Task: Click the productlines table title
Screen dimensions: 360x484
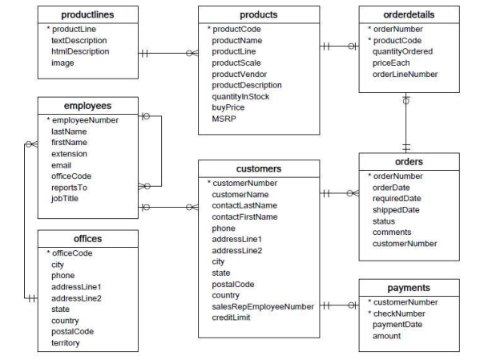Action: point(85,15)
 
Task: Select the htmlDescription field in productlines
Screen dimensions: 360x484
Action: point(81,51)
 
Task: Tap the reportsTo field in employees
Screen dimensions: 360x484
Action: point(68,187)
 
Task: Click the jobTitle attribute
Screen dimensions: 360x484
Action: point(65,198)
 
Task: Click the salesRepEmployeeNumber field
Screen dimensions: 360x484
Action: point(261,305)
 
